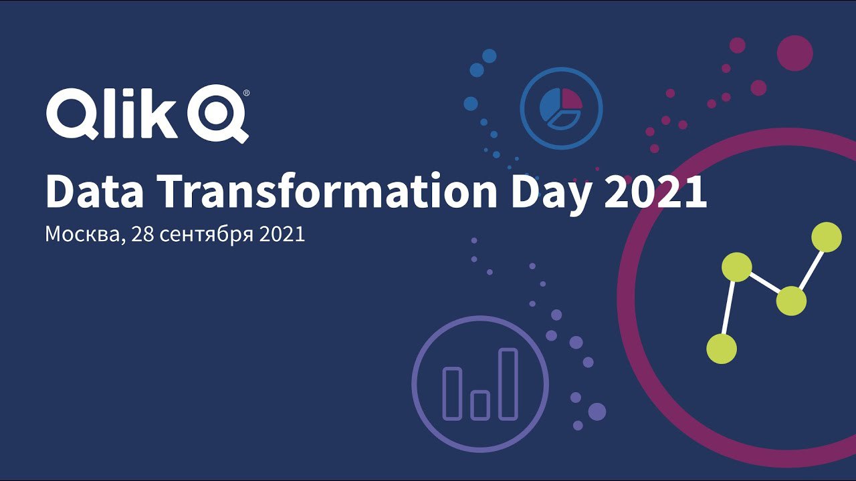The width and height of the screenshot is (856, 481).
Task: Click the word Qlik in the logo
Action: (x=112, y=114)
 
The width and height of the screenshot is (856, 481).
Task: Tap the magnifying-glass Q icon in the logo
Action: (x=218, y=114)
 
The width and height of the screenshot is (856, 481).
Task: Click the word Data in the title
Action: (x=95, y=191)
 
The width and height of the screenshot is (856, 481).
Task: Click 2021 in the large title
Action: (x=655, y=191)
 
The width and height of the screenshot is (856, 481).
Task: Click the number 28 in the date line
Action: (x=142, y=234)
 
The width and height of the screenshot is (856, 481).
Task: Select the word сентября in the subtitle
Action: (x=207, y=234)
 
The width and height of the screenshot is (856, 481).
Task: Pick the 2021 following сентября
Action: (x=282, y=234)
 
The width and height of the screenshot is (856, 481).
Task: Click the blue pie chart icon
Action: (x=561, y=108)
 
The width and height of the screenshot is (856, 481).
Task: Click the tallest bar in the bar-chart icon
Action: (x=508, y=383)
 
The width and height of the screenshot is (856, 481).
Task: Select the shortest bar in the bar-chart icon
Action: (x=480, y=405)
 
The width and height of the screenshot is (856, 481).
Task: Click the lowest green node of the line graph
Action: (x=722, y=349)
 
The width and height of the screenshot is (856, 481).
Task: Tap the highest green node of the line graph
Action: (x=827, y=237)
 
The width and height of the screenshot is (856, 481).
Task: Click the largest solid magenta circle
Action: (x=795, y=53)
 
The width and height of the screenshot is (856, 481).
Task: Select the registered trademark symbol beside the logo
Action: (x=247, y=93)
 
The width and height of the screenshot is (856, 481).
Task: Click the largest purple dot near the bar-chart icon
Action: (x=597, y=412)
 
